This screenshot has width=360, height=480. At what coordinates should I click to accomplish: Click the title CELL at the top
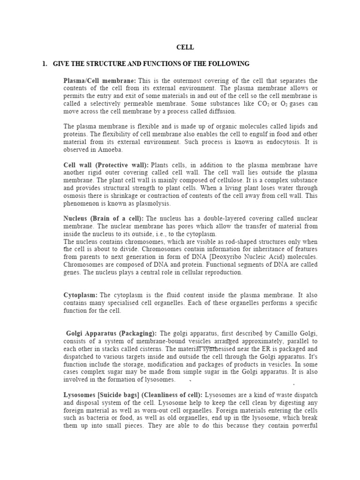[x=185, y=47]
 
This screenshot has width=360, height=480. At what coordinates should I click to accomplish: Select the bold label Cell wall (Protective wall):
[x=106, y=165]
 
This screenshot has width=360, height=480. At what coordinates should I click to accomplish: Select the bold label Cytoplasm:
[x=81, y=295]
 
